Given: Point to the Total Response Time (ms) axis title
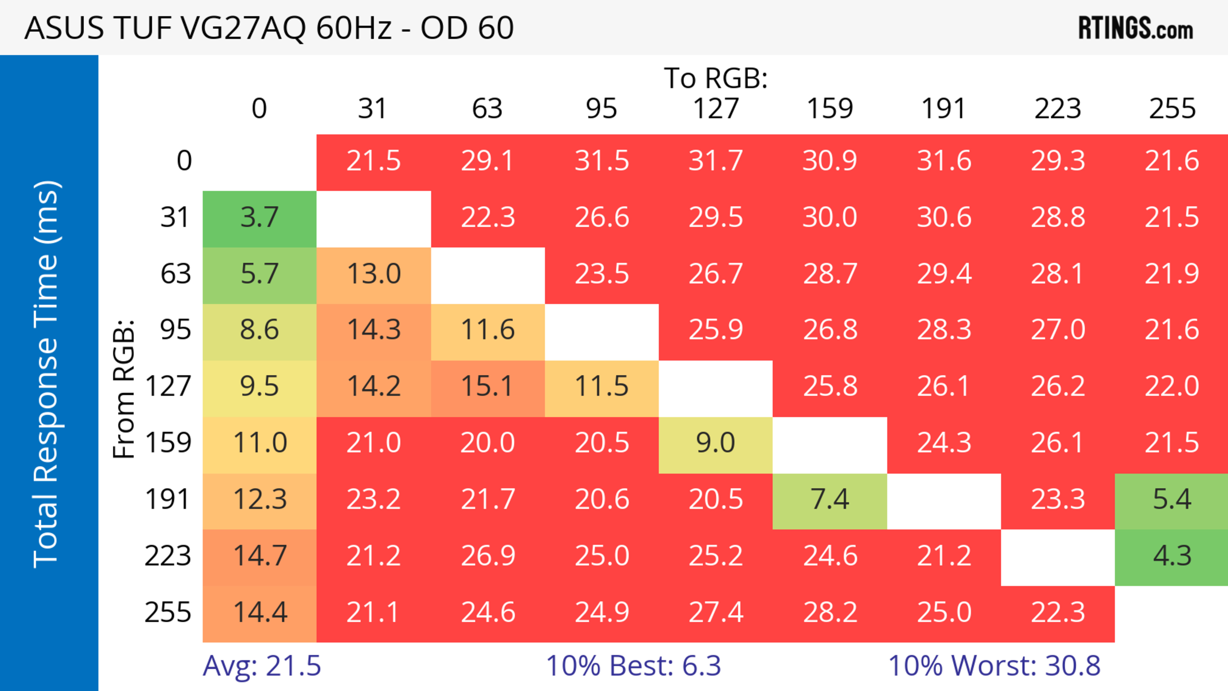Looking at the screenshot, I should point(47,374).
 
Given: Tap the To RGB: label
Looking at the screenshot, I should point(716,78).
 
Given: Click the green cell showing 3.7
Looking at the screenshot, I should point(259,218).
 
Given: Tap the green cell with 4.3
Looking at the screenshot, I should point(1172,556).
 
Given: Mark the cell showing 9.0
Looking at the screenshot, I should point(716,443).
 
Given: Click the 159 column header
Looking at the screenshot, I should point(830,109).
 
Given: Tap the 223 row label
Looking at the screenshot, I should point(168,556).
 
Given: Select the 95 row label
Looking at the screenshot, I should point(176,330).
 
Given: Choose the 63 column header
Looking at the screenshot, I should point(487,109).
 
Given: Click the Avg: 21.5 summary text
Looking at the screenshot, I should point(262,666).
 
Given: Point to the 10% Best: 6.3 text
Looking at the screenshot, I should point(633,666).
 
